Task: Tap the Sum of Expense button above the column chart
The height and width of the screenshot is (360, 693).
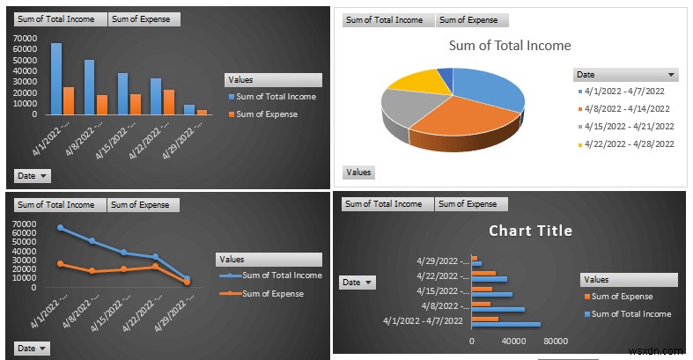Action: [x=144, y=19]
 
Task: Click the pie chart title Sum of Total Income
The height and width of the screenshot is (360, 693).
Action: [x=510, y=46]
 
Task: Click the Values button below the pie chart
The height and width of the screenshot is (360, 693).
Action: [x=358, y=173]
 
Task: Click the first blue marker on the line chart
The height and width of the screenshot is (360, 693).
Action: [x=60, y=228]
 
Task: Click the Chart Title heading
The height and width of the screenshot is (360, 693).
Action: [x=530, y=231]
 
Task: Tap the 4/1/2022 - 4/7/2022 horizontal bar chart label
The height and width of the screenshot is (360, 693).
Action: [x=423, y=321]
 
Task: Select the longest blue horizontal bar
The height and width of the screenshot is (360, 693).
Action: [x=505, y=325]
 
